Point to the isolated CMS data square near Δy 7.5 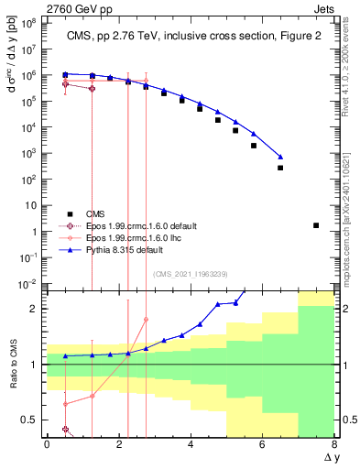[316, 225]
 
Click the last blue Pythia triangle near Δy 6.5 [280, 157]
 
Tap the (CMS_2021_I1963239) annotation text [191, 273]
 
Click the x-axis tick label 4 [191, 444]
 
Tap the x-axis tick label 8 [334, 444]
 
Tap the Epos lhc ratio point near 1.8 [146, 320]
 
